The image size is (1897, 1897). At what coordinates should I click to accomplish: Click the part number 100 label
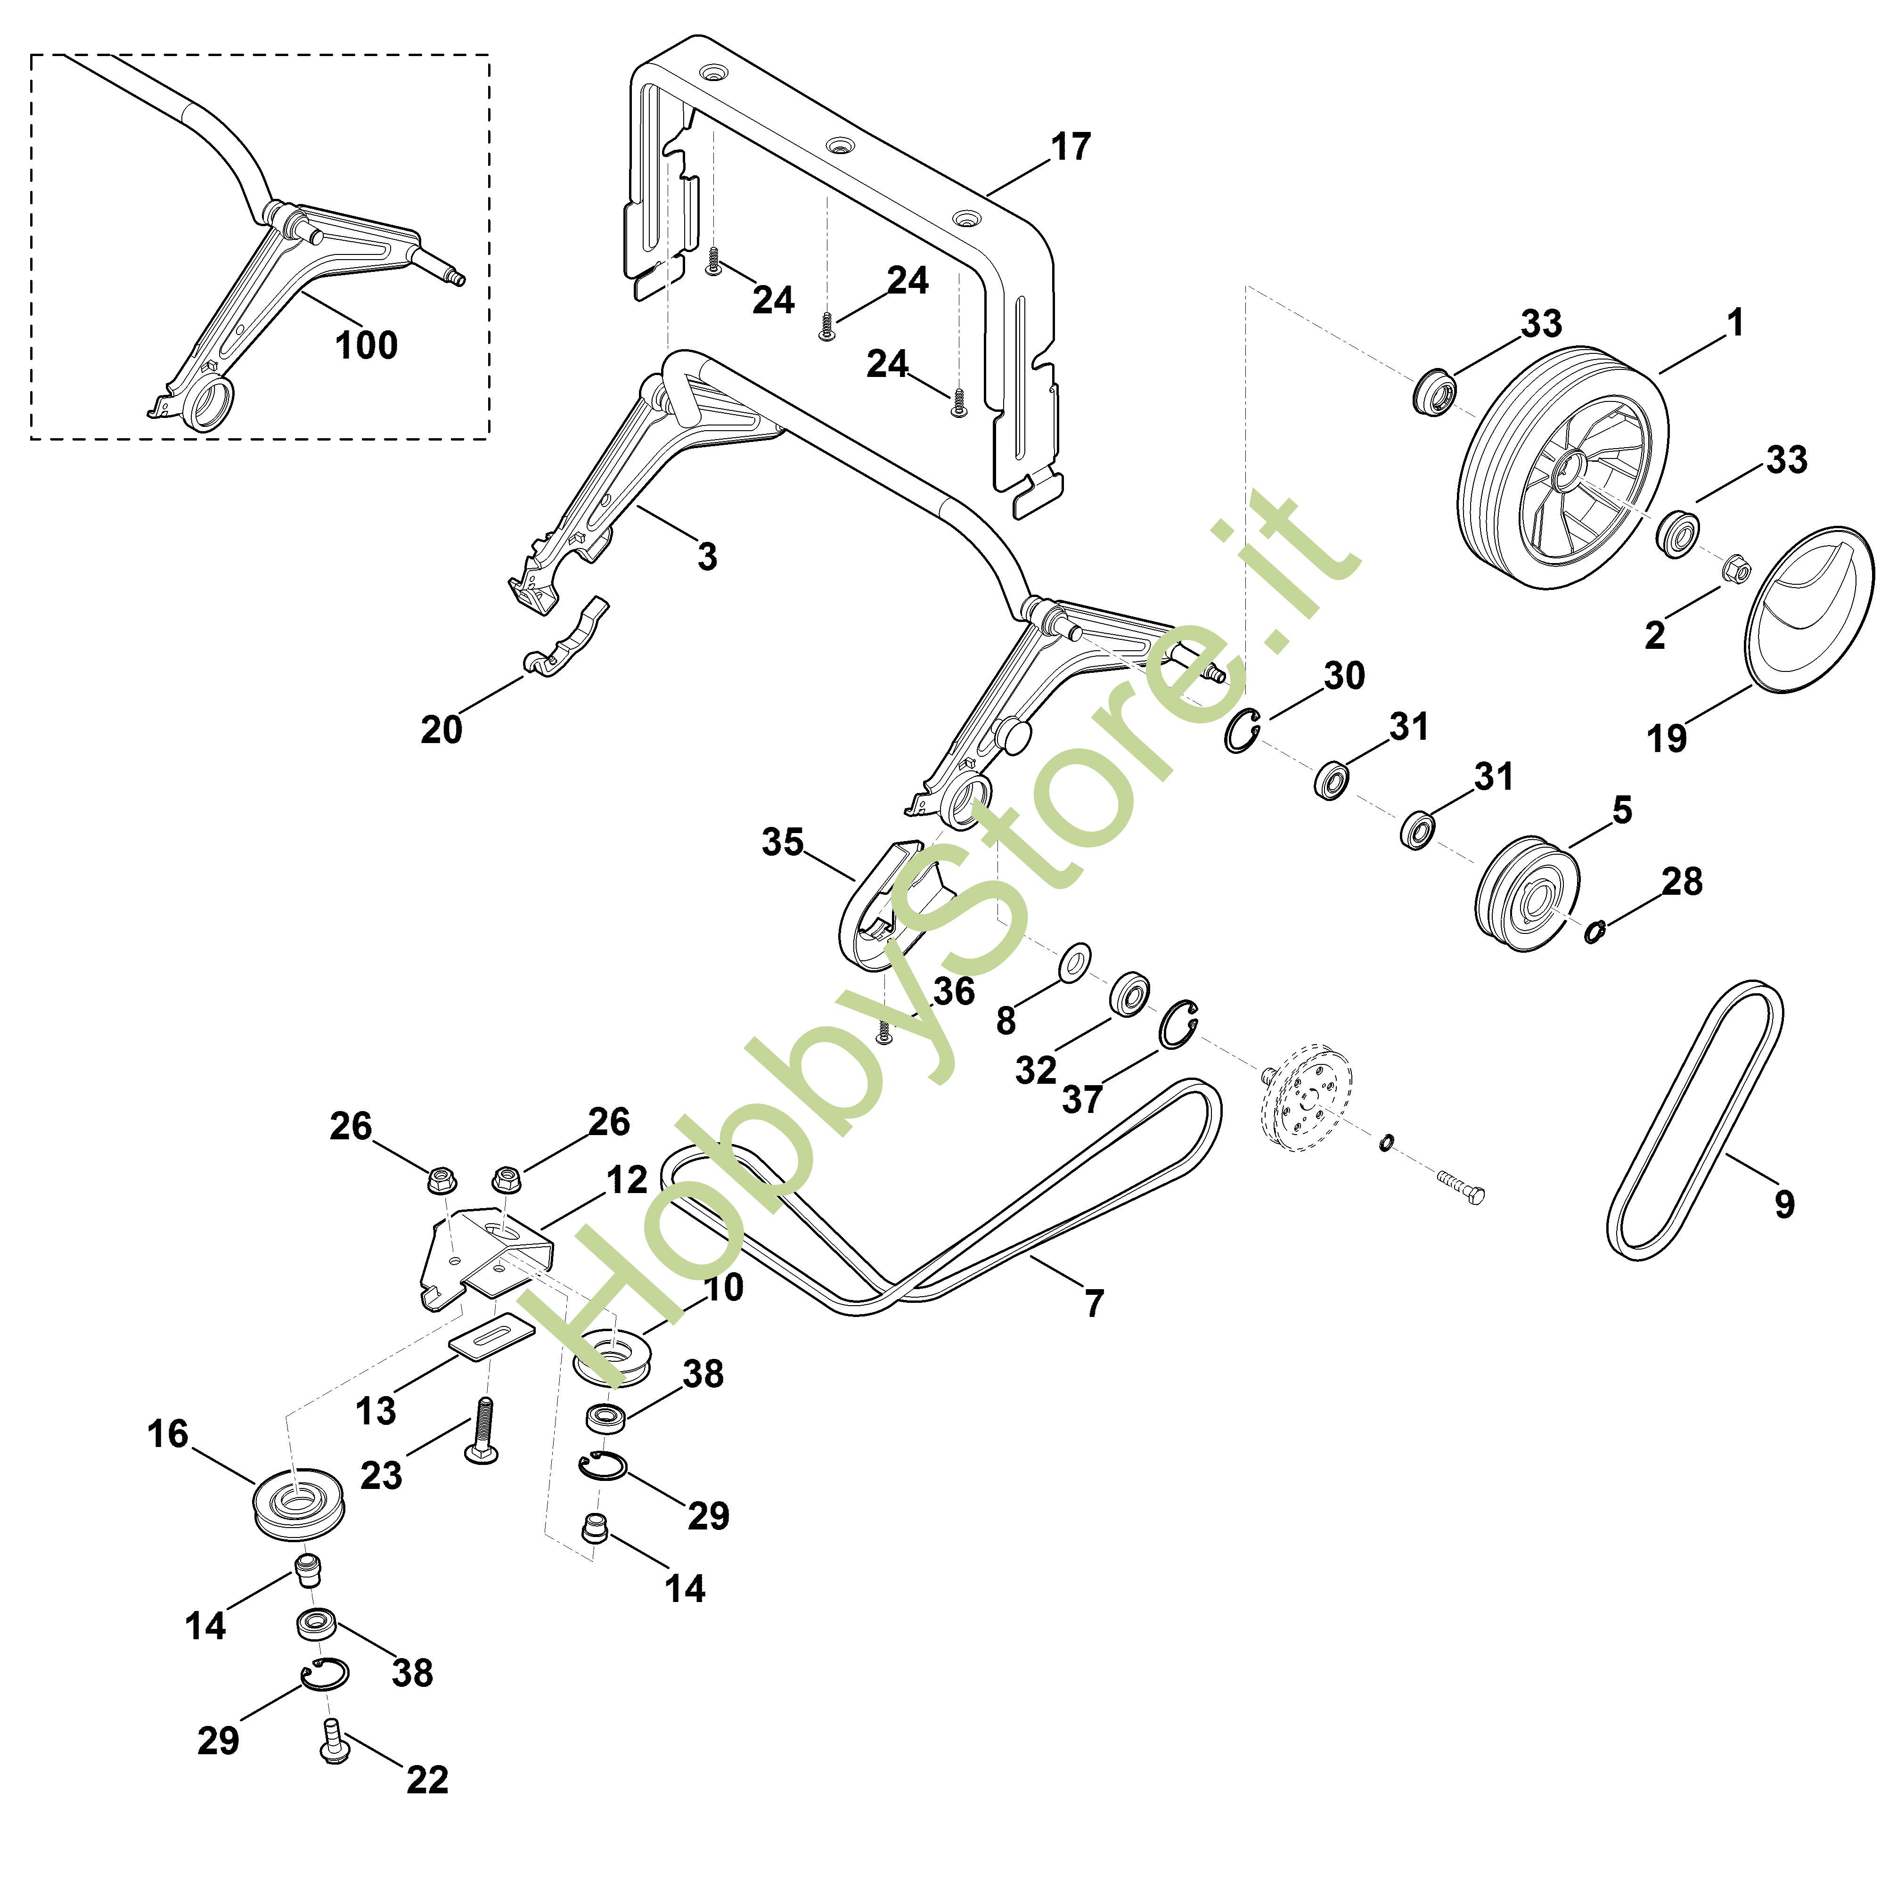(366, 346)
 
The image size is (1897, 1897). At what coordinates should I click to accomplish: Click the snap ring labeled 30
(1242, 730)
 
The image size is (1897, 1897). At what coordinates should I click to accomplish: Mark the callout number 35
(783, 842)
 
